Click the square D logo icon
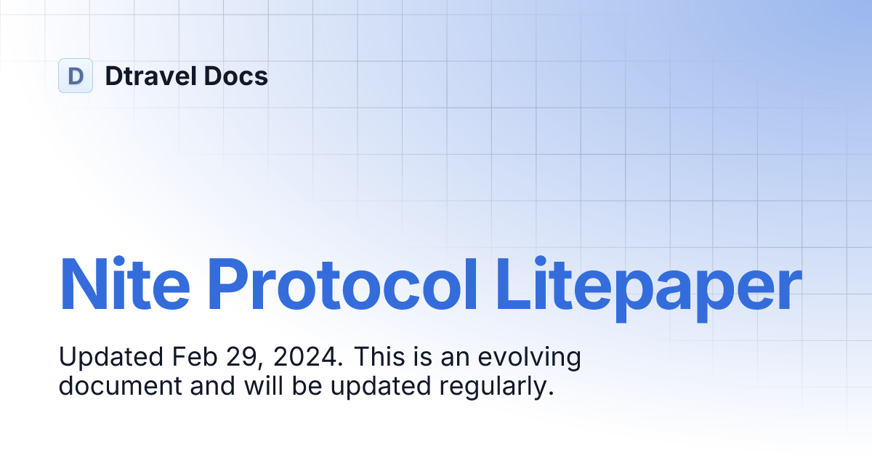(x=76, y=76)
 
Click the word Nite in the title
(x=124, y=283)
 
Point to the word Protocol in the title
(x=343, y=283)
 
